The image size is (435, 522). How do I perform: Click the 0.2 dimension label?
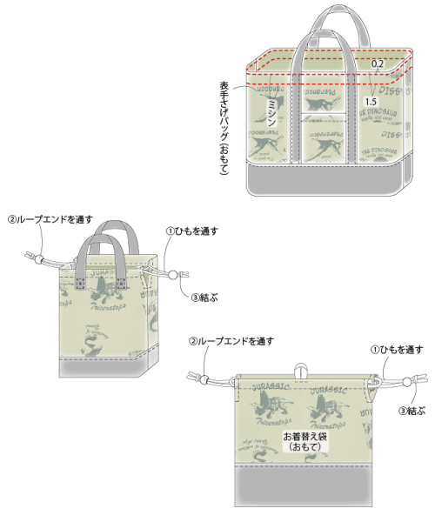(378, 64)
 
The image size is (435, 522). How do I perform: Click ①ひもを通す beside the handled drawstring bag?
(191, 231)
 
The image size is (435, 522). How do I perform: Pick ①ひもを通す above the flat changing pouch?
(396, 349)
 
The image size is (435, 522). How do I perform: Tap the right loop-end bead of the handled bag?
(173, 276)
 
